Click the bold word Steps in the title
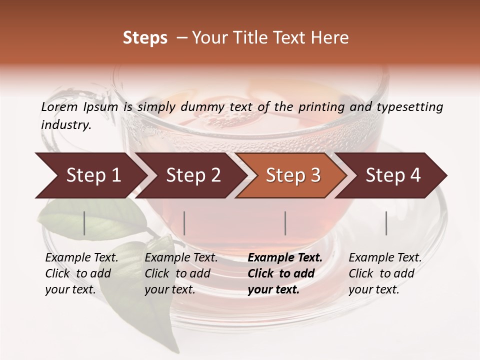145,38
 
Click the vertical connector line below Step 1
84,223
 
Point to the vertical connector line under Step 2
184,223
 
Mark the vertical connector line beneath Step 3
285,223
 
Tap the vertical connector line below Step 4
386,223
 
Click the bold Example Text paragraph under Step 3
285,273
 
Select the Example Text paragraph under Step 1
81,273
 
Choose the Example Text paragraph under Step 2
181,273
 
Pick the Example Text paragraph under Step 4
385,273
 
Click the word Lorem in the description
59,106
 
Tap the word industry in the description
66,124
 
